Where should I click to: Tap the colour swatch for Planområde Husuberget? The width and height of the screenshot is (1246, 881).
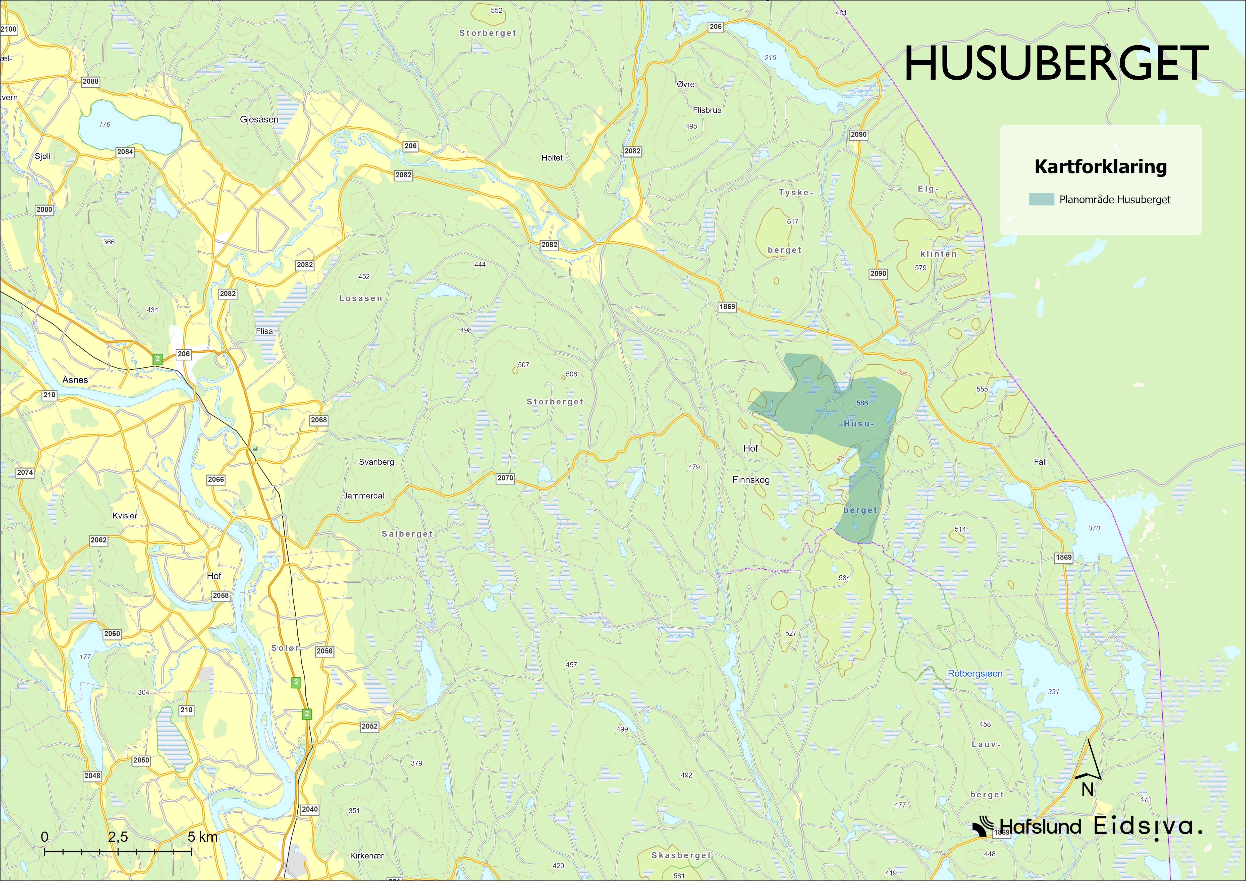click(x=1041, y=199)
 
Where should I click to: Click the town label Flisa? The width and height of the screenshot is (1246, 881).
click(x=264, y=331)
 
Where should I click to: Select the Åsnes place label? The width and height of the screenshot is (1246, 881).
click(x=75, y=380)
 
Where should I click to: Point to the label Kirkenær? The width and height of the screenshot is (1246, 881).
click(x=367, y=855)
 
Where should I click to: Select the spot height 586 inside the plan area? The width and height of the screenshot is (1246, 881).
click(x=862, y=403)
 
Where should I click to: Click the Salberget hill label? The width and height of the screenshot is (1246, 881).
click(x=407, y=534)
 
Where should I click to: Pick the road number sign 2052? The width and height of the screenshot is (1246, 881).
click(x=369, y=726)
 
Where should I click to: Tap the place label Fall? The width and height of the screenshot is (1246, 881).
click(x=1040, y=462)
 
